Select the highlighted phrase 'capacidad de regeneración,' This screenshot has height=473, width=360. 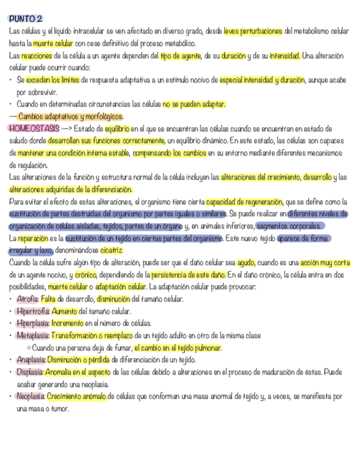coord(245,201)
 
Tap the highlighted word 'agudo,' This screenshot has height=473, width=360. coord(246,263)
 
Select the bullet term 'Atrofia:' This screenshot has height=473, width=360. coord(28,299)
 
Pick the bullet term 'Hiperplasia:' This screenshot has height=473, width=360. coord(33,324)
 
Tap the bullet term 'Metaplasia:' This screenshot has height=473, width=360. coord(33,336)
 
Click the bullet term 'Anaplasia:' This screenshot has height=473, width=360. coord(31,360)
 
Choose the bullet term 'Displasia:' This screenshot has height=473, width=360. coord(30,372)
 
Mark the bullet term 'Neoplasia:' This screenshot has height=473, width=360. coord(31,397)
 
